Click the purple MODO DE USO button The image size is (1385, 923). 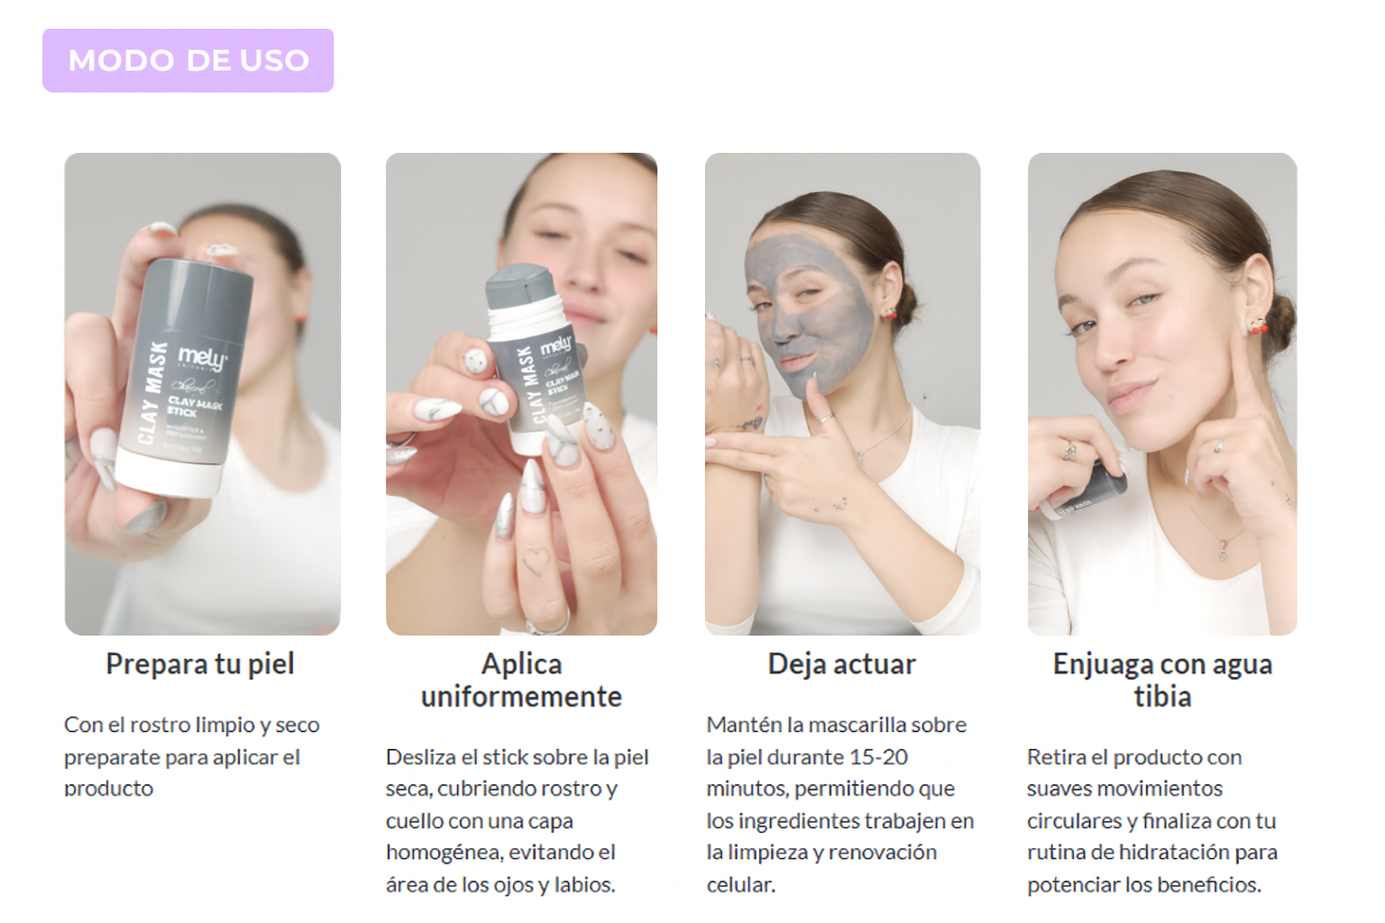click(188, 60)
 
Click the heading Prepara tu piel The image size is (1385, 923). click(199, 664)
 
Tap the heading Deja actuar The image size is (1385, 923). click(841, 664)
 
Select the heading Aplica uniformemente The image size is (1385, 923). click(521, 680)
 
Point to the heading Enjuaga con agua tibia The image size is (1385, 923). click(1162, 680)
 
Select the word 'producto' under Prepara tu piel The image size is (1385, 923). click(109, 789)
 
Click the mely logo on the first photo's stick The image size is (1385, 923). click(202, 359)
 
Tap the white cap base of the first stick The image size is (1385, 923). click(169, 473)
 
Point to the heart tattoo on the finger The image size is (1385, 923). click(535, 560)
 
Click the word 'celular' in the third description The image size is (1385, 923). click(740, 884)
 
